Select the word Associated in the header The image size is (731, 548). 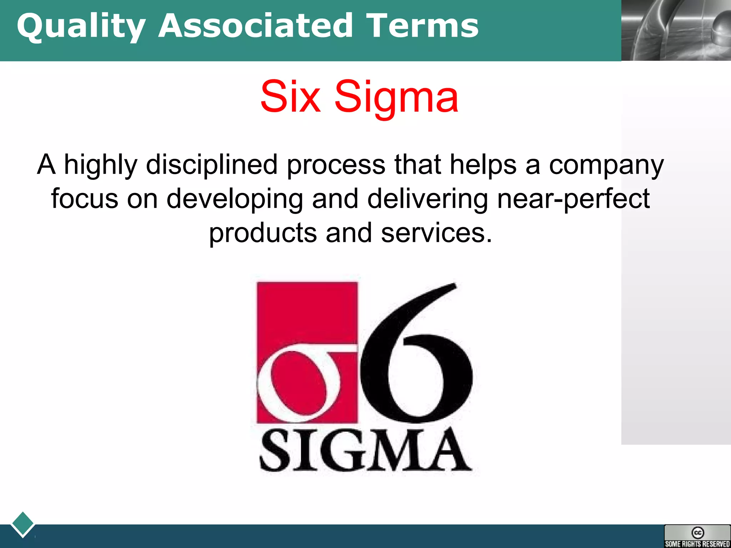point(256,26)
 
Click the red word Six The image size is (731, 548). point(290,97)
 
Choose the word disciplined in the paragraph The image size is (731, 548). point(212,165)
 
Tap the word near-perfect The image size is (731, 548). point(573,199)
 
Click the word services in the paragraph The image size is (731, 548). point(436,233)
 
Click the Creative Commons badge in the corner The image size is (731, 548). point(697,536)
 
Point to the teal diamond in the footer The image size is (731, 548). point(23,524)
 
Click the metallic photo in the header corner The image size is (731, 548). point(676,30)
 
